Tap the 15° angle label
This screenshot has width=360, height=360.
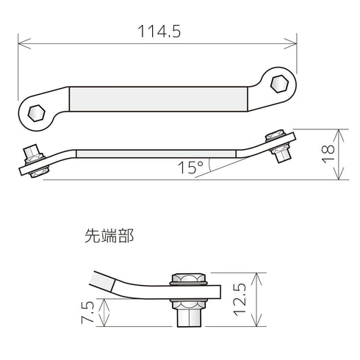pyautogui.click(x=190, y=168)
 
